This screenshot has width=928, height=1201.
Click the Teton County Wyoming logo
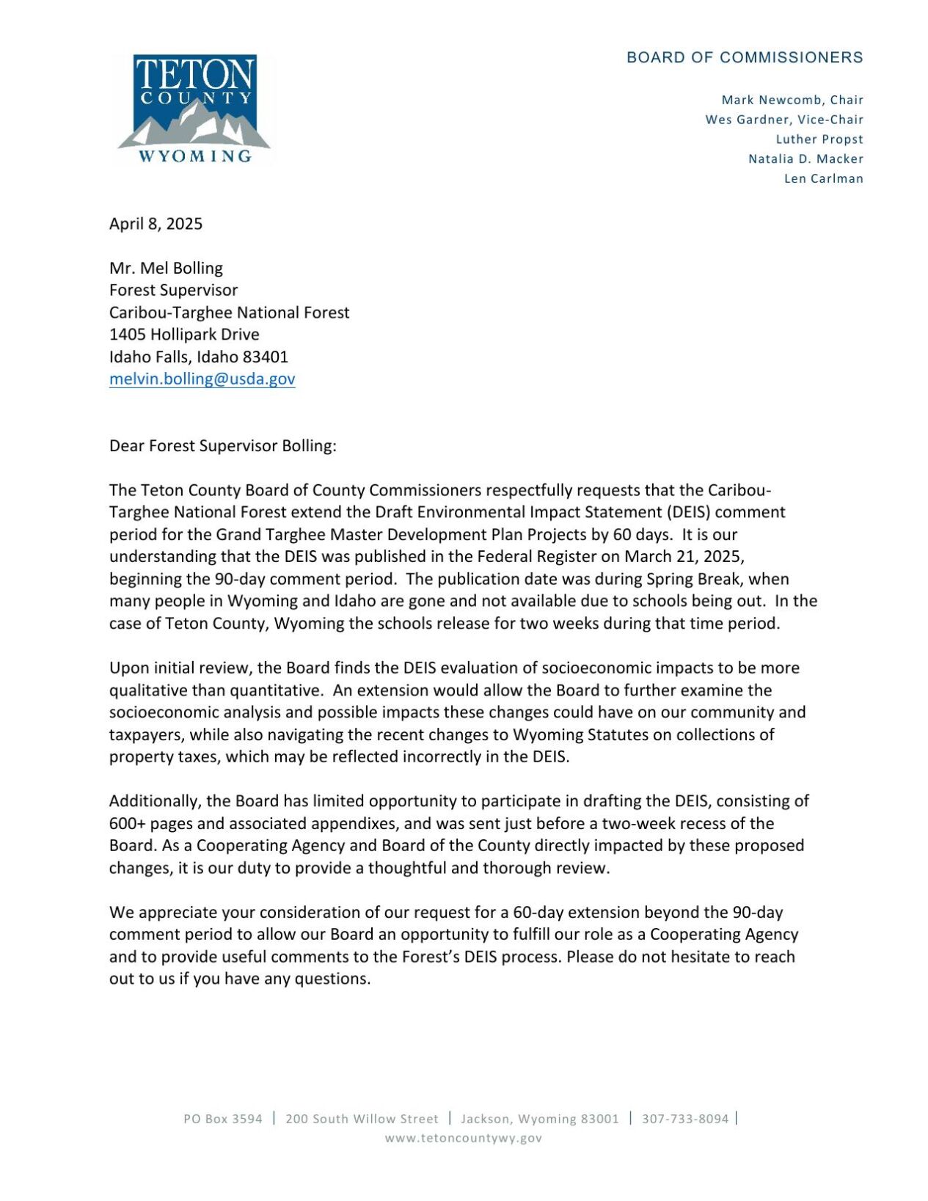pyautogui.click(x=194, y=109)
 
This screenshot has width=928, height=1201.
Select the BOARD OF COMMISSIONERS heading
pyautogui.click(x=745, y=58)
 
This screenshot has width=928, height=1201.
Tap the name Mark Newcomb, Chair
pyautogui.click(x=792, y=100)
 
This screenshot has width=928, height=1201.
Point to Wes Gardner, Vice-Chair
pyautogui.click(x=784, y=120)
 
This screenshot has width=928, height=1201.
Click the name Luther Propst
pyautogui.click(x=819, y=139)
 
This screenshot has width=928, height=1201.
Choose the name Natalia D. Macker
pyautogui.click(x=805, y=159)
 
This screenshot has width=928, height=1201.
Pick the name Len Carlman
pyautogui.click(x=823, y=179)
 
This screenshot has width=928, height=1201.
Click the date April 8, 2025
pyautogui.click(x=156, y=224)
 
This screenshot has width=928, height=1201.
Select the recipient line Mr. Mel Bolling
pyautogui.click(x=166, y=268)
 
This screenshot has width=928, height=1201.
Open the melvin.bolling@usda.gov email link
pyautogui.click(x=202, y=379)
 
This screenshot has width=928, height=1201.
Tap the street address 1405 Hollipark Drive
pyautogui.click(x=184, y=335)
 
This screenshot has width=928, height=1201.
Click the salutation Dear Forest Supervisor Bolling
pyautogui.click(x=222, y=445)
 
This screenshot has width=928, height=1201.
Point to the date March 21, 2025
pyautogui.click(x=684, y=556)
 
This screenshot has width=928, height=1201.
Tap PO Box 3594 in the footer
pyautogui.click(x=222, y=1119)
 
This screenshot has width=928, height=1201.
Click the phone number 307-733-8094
pyautogui.click(x=685, y=1119)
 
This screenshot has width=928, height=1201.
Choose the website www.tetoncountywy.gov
pyautogui.click(x=464, y=1138)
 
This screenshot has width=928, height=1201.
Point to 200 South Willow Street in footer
pyautogui.click(x=362, y=1119)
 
